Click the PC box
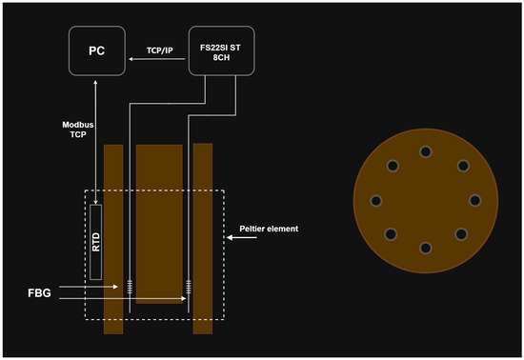click(x=97, y=50)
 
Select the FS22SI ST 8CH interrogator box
click(x=221, y=50)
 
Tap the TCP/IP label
click(x=160, y=50)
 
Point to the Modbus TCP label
click(x=78, y=130)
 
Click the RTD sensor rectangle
click(x=96, y=242)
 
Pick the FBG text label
click(x=39, y=293)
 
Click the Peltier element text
click(x=269, y=229)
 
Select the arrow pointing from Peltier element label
click(x=242, y=237)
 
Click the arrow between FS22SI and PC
click(x=157, y=59)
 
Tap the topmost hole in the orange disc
click(x=426, y=152)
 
